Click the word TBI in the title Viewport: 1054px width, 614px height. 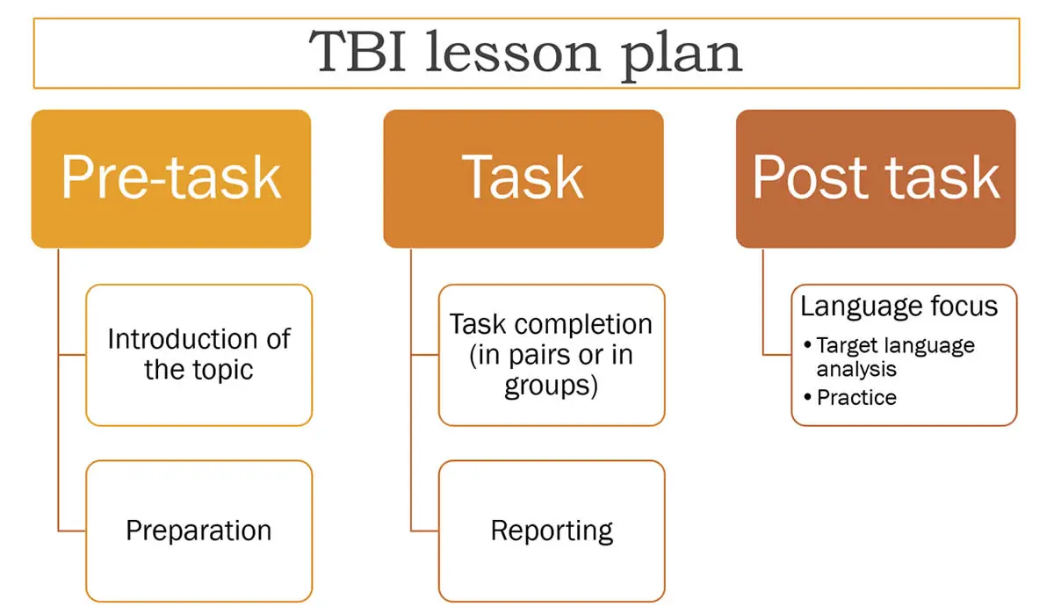[x=357, y=51]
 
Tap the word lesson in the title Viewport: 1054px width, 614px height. [x=513, y=51]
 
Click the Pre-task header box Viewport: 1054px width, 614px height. [x=171, y=179]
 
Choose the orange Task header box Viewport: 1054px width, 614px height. [x=523, y=179]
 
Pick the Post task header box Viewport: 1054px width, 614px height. [x=876, y=179]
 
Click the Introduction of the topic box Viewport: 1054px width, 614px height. [x=199, y=355]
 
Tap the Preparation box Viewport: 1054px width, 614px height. [x=199, y=531]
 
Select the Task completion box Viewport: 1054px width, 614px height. [x=552, y=355]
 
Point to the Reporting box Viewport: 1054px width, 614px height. [x=552, y=531]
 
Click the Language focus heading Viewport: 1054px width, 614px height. [x=899, y=307]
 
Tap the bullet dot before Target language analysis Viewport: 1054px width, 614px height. [x=807, y=345]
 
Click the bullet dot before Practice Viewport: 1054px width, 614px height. [x=807, y=397]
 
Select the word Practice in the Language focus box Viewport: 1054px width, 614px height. [x=857, y=398]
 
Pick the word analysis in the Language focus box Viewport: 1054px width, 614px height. [x=856, y=369]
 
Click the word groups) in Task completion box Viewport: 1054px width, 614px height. [x=551, y=386]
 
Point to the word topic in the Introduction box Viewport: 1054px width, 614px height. [x=222, y=370]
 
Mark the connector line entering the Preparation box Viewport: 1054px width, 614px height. [x=72, y=531]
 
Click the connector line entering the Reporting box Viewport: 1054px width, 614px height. [x=424, y=531]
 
